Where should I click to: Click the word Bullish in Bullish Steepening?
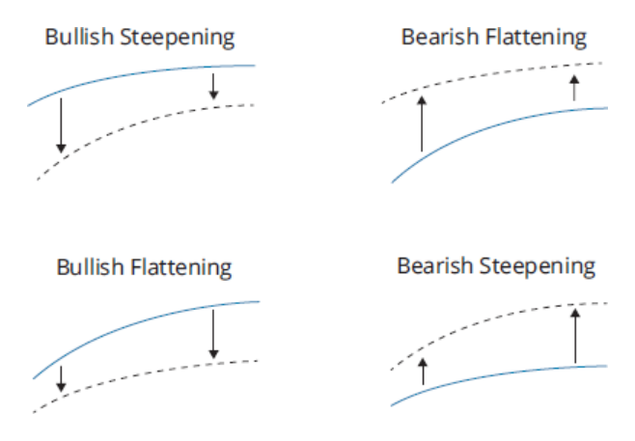79,37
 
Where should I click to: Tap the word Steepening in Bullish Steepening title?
178,39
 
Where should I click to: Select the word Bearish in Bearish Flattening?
440,37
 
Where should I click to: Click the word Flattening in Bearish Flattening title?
536,39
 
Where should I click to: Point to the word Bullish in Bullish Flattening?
91,267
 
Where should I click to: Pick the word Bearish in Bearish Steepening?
435,266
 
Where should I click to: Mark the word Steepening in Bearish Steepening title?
537,267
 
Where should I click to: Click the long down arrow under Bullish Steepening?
61,125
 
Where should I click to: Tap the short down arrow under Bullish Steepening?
213,86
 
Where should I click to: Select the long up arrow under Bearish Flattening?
422,124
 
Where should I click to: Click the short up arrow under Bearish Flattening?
574,88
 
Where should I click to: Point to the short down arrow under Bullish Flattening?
61,379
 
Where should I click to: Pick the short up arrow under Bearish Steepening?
423,372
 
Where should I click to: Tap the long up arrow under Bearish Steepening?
575,336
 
